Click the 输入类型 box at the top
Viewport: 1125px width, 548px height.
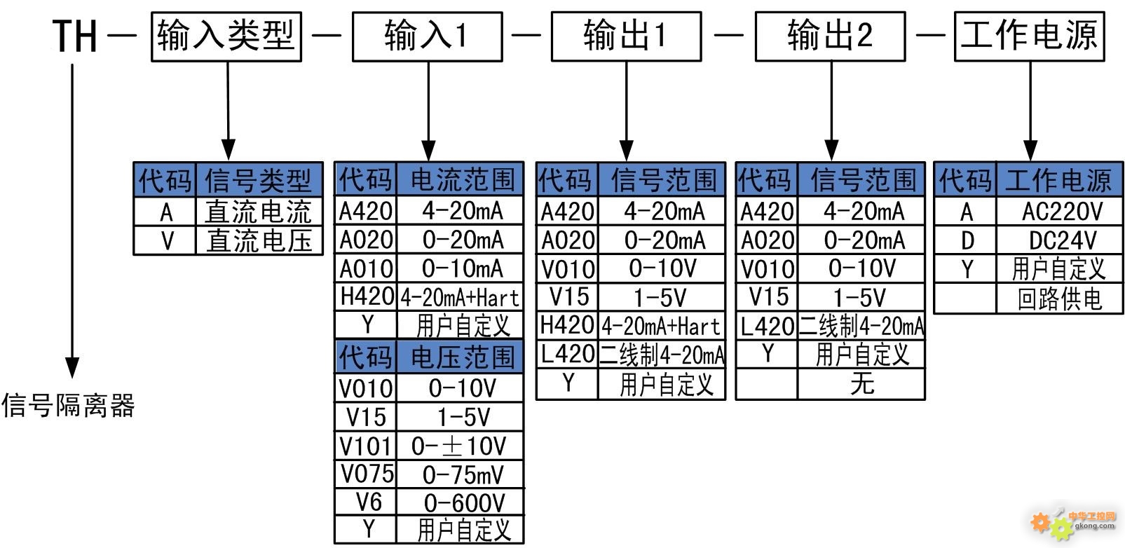(226, 36)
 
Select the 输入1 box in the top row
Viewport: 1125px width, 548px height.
(428, 36)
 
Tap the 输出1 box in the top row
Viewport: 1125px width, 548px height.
(626, 36)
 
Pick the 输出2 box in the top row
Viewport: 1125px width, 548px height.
(831, 36)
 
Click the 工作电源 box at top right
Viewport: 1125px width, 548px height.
(1030, 36)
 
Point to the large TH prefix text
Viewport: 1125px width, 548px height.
(75, 36)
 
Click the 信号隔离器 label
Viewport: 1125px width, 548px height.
(68, 405)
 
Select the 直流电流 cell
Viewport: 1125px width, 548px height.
(259, 211)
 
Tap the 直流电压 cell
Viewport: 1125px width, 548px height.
(259, 240)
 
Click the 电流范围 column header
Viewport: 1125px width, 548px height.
(461, 179)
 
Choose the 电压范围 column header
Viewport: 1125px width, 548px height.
(461, 357)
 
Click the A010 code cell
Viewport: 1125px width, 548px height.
(366, 268)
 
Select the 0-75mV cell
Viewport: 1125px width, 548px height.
(461, 474)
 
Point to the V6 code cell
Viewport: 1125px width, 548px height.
(366, 502)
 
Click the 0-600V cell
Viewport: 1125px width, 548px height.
(461, 502)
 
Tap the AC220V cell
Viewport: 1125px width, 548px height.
(1060, 212)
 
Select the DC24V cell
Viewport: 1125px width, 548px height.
(1060, 240)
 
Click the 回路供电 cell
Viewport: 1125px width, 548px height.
(1060, 299)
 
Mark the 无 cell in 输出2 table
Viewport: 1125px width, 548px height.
(861, 384)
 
